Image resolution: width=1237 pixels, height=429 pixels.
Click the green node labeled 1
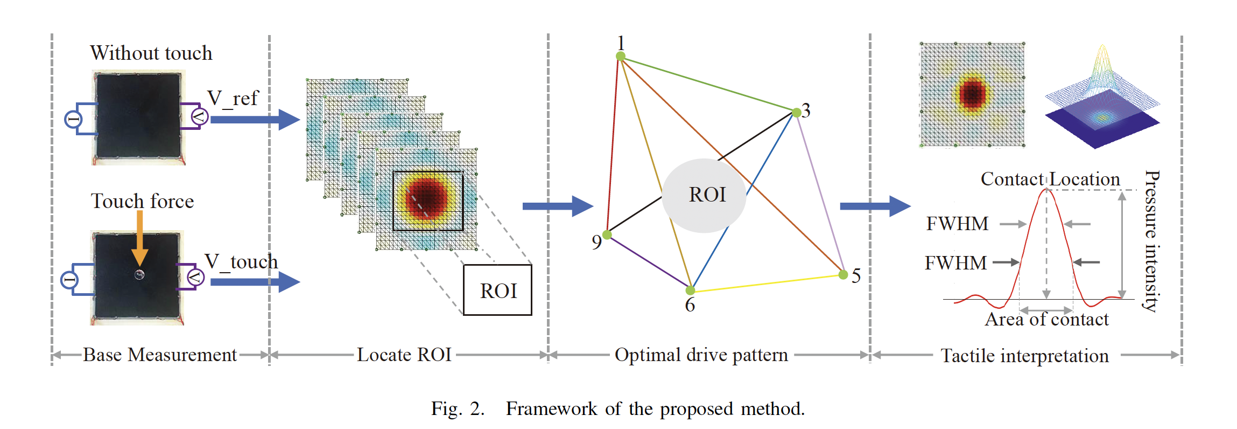click(x=621, y=56)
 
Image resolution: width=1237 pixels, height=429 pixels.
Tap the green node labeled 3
click(x=797, y=112)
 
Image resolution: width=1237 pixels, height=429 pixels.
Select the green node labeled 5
click(x=843, y=275)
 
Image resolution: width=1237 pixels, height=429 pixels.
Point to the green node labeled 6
click(x=690, y=290)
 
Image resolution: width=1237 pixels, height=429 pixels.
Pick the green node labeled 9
click(x=607, y=234)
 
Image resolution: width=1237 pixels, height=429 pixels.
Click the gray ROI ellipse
click(x=704, y=195)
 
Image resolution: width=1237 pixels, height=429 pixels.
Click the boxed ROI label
click(x=497, y=290)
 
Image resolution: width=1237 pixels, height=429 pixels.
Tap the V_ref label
click(x=233, y=98)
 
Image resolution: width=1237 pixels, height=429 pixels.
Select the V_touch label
click(x=241, y=261)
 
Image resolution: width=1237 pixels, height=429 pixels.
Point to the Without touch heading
click(x=151, y=53)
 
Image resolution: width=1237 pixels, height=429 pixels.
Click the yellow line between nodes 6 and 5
click(x=767, y=283)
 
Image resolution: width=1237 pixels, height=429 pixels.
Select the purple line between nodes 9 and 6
click(x=649, y=262)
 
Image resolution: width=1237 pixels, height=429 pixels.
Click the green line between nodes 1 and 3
click(x=708, y=84)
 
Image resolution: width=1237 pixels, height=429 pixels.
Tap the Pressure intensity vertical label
click(x=1151, y=241)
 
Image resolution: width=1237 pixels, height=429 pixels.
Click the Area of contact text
click(x=1046, y=319)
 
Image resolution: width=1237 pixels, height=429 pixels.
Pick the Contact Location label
click(x=1050, y=179)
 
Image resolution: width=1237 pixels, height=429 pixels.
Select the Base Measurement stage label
click(x=159, y=355)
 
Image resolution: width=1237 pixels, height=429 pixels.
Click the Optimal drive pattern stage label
click(x=701, y=355)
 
